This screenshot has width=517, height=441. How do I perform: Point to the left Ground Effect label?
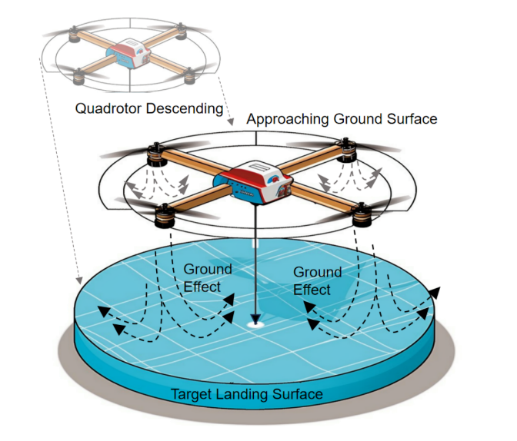[205, 277]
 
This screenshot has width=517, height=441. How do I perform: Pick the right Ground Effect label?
[316, 280]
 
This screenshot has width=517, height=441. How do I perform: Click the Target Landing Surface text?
[246, 395]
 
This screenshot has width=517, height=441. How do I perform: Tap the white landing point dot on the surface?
[254, 325]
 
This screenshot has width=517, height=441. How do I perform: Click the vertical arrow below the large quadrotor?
[254, 261]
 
